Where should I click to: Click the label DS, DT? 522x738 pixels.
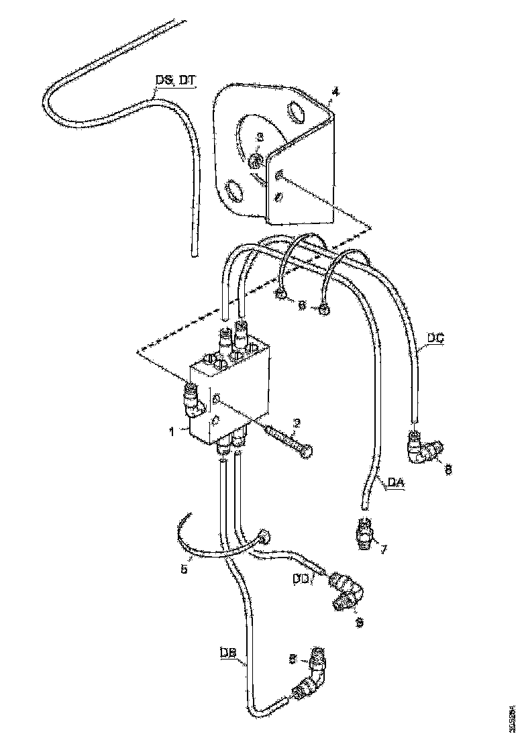coord(176,81)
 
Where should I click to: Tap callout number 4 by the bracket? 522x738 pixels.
coord(335,92)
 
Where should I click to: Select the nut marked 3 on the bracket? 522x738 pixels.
coord(256,161)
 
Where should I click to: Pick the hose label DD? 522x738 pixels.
coord(301,576)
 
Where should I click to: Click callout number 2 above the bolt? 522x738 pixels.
coord(297,423)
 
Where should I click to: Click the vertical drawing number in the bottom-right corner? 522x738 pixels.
coord(513,717)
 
